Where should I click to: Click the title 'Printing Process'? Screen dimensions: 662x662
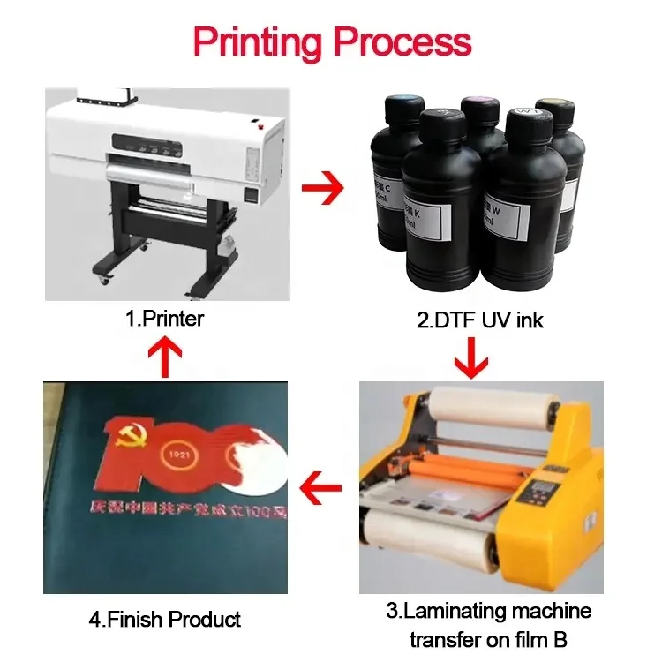332,42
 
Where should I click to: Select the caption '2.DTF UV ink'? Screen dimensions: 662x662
479,320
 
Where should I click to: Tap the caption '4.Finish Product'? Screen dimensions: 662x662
165,619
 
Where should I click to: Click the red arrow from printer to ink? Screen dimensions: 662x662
320,188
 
